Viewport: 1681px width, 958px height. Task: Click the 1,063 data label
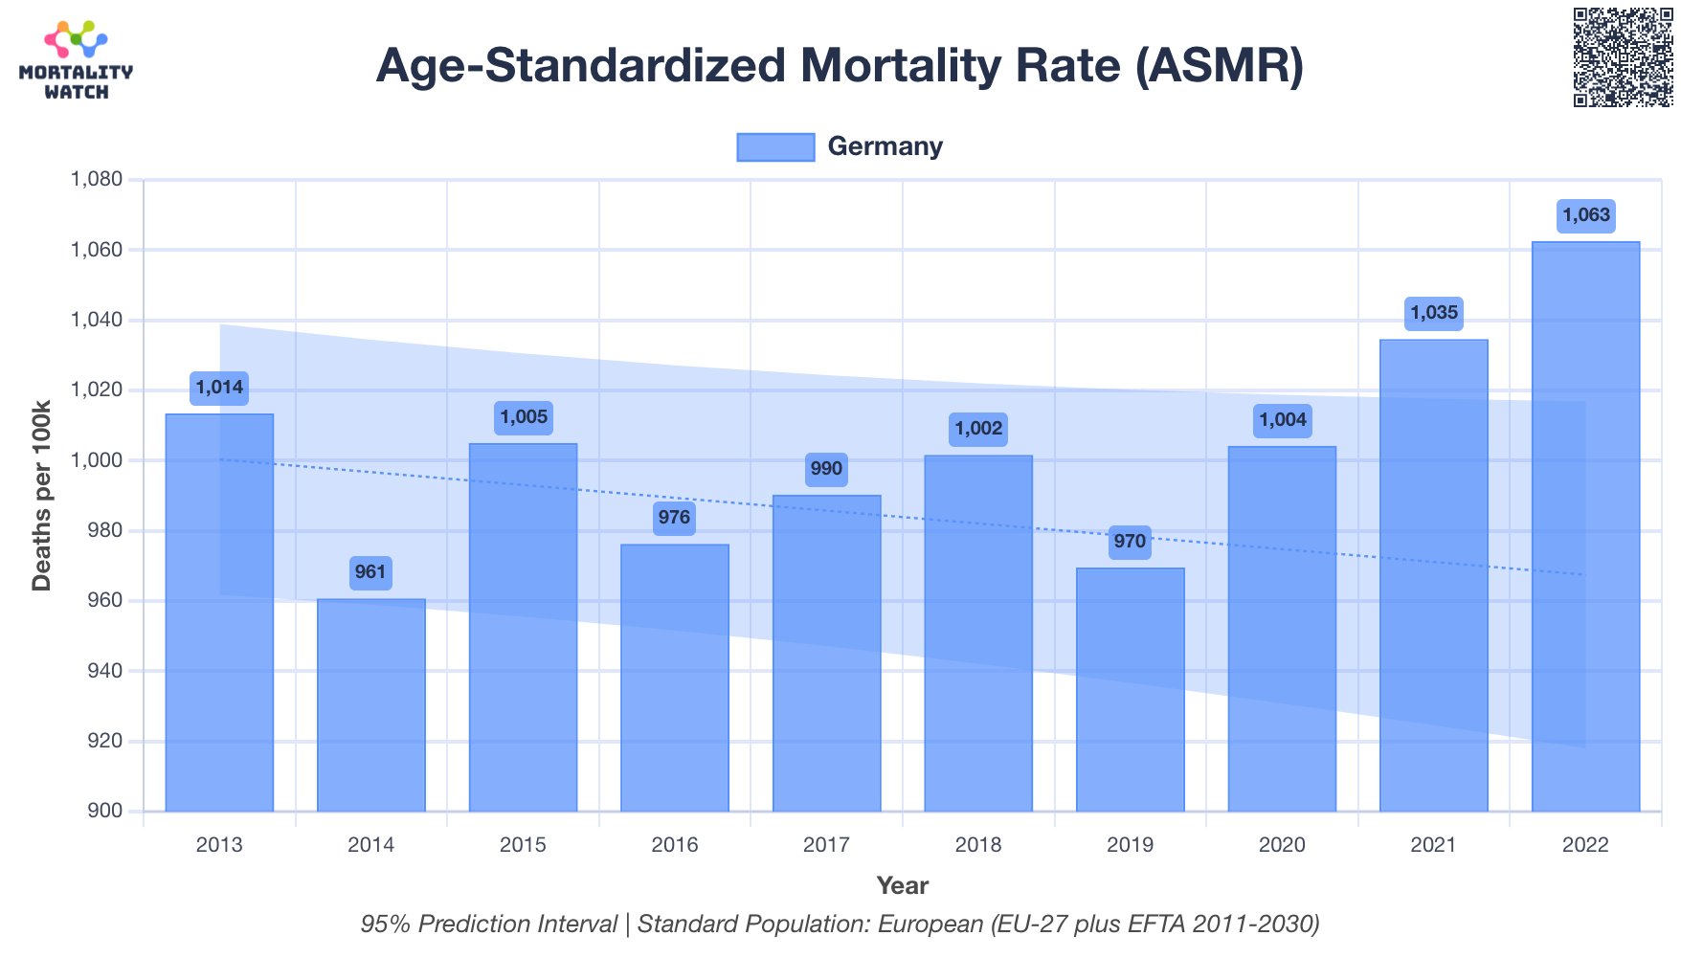coord(1586,215)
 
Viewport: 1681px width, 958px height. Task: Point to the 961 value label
coord(370,572)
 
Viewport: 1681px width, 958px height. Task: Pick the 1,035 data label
coord(1434,313)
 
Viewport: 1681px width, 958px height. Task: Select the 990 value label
coord(826,469)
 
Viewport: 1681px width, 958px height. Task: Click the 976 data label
coord(674,518)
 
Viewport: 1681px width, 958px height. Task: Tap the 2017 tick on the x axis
coord(826,845)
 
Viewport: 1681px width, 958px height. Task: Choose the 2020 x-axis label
coord(1282,845)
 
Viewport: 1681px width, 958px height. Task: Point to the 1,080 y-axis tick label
coord(97,179)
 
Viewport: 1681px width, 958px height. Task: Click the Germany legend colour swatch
coord(775,147)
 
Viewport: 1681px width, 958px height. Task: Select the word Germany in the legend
coord(885,146)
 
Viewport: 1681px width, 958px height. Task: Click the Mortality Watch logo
coord(76,60)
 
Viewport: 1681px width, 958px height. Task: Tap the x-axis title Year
coord(902,885)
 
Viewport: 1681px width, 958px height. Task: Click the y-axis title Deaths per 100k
coord(41,496)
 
